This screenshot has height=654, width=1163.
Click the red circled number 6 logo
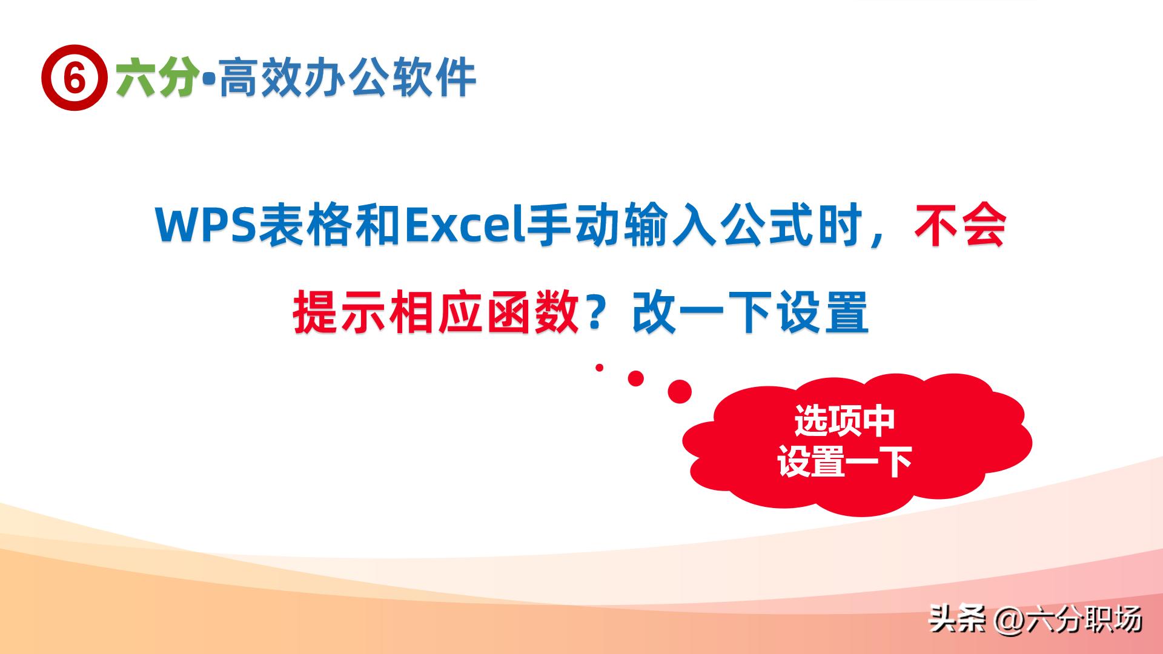pyautogui.click(x=74, y=78)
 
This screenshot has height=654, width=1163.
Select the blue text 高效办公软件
pyautogui.click(x=347, y=78)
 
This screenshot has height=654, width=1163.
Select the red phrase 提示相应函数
pyautogui.click(x=436, y=312)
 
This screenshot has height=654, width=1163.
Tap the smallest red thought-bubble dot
pyautogui.click(x=600, y=368)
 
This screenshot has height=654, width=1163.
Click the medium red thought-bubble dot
pyautogui.click(x=635, y=378)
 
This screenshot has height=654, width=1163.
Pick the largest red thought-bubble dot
pyautogui.click(x=680, y=392)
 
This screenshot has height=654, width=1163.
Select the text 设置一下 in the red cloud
pyautogui.click(x=844, y=463)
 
